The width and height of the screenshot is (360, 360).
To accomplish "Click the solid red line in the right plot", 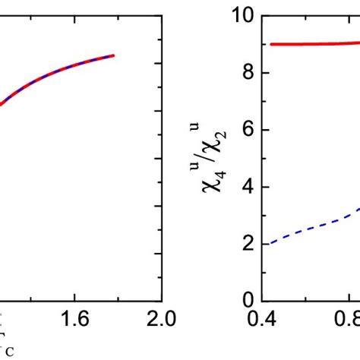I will tap(311, 43).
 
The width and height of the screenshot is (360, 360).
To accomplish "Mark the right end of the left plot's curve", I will tap(114, 55).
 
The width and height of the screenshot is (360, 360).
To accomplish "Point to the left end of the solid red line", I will tap(271, 44).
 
